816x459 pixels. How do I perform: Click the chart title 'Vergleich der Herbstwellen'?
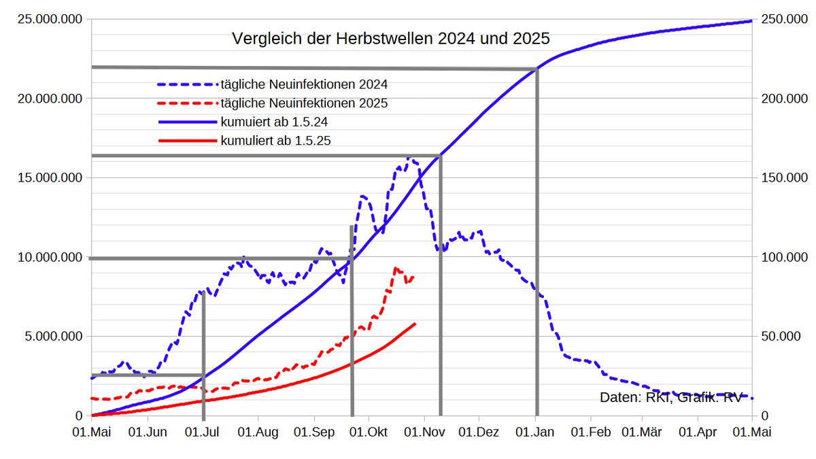coord(390,39)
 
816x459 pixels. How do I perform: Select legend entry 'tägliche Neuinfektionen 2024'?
coord(304,85)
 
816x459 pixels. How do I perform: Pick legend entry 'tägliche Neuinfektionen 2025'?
coord(304,103)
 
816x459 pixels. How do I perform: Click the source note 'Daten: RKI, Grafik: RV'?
coord(670,398)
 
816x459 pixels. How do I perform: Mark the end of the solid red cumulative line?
coord(415,324)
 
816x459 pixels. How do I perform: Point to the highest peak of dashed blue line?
coord(409,158)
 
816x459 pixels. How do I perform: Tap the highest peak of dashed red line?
coord(396,269)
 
